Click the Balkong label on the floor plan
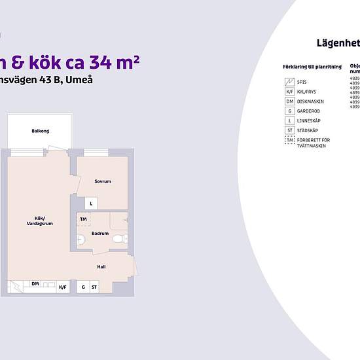[x=40, y=132]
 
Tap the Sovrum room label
[x=103, y=181]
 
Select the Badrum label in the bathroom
[x=99, y=233]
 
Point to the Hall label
[x=101, y=266]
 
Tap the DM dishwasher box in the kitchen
[x=35, y=283]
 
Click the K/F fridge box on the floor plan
[x=63, y=287]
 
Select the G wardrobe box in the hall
[x=83, y=287]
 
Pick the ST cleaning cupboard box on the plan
[x=94, y=287]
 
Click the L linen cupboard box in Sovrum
[x=92, y=204]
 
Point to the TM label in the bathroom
[x=83, y=219]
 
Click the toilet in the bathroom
[x=118, y=238]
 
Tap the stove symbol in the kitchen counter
[x=14, y=286]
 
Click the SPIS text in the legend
[x=302, y=82]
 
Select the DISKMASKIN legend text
[x=309, y=101]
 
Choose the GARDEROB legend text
[x=308, y=111]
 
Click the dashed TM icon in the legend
[x=289, y=141]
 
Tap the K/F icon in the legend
[x=289, y=92]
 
